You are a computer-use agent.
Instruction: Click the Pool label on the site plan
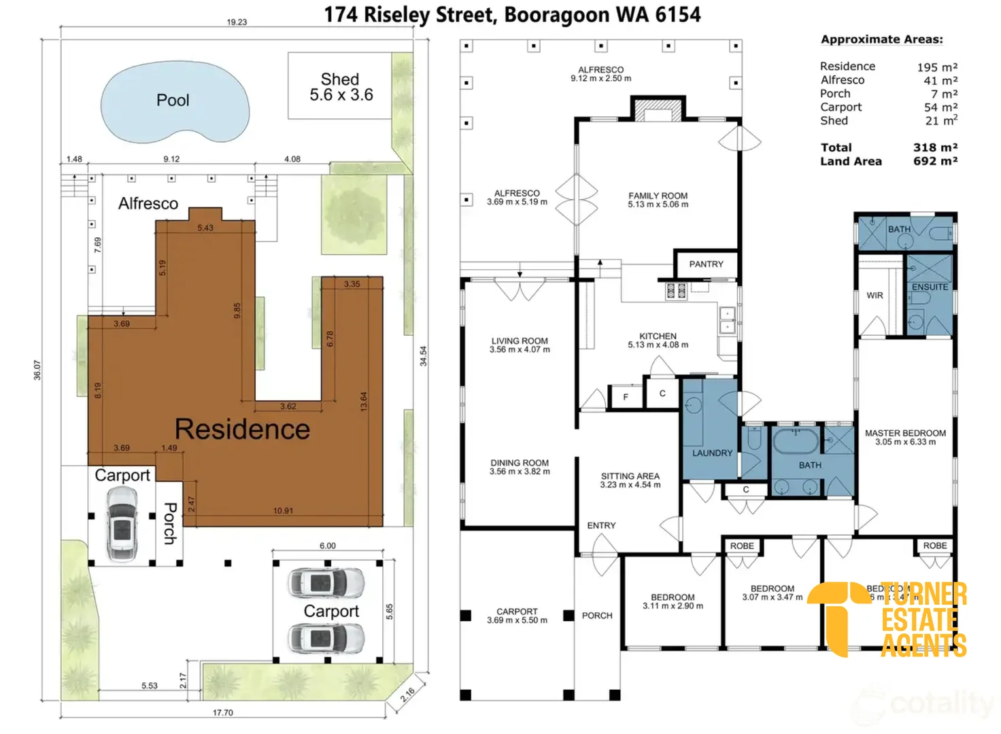pos(173,101)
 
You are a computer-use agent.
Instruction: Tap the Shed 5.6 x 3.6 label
pos(341,88)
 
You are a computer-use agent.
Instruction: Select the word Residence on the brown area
pos(242,430)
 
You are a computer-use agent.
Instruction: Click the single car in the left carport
pos(122,524)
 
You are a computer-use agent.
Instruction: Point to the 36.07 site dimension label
pos(37,370)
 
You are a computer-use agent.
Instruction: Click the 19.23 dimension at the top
pos(237,22)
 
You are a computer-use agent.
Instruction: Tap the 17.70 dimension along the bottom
pos(222,713)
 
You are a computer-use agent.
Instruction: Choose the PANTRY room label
pos(706,264)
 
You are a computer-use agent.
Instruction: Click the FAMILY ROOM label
pos(658,200)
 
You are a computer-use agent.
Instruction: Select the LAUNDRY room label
pos(712,453)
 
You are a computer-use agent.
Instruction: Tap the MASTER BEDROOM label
pos(905,437)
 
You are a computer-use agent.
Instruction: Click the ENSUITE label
pos(930,287)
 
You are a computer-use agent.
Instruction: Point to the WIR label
pos(875,296)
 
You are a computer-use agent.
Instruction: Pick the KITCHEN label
pos(658,340)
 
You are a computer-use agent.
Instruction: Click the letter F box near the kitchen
pos(626,397)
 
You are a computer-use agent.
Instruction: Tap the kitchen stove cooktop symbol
pos(676,291)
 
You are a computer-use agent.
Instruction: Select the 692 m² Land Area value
pos(935,161)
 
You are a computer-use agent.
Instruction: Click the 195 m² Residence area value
pos(936,67)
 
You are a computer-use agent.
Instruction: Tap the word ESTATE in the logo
pos(919,620)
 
